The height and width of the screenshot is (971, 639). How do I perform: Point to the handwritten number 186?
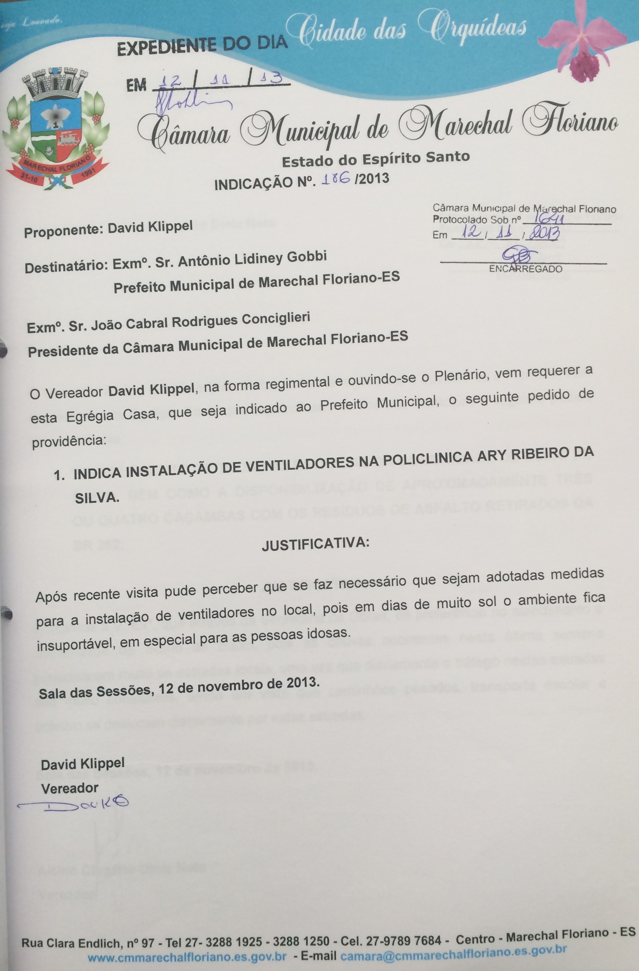(337, 180)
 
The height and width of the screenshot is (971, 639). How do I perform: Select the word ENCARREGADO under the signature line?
(526, 269)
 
